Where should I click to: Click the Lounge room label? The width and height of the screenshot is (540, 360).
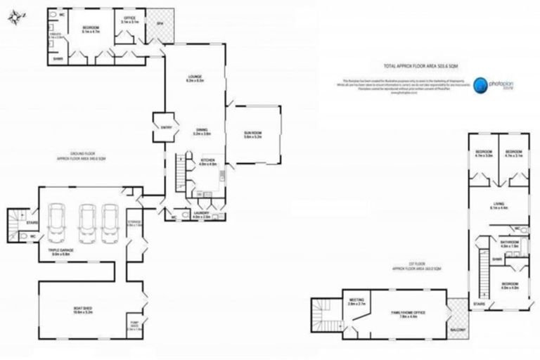195,79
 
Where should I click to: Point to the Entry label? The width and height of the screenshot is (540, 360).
167,127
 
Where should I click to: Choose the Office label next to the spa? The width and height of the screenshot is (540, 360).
129,20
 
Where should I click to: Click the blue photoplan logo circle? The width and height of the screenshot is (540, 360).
477,85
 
